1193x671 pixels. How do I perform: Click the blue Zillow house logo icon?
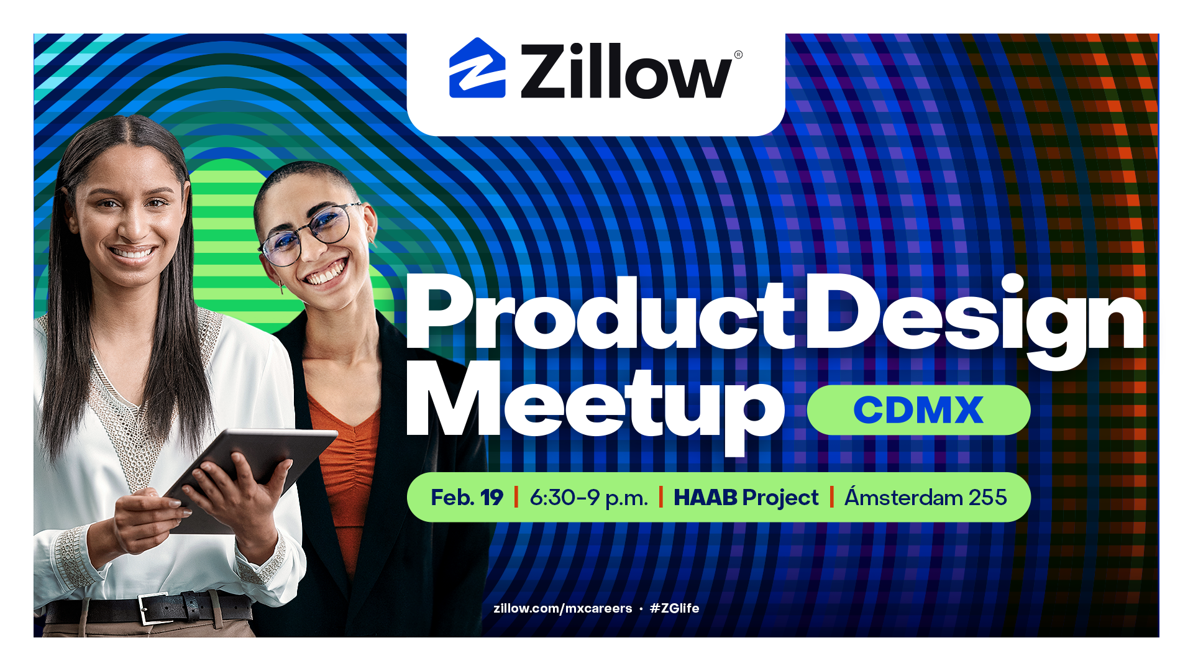click(477, 68)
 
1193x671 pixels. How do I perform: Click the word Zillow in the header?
click(626, 71)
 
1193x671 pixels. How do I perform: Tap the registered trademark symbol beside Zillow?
click(738, 55)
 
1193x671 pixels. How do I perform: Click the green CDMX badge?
click(918, 410)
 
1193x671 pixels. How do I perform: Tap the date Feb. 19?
click(467, 498)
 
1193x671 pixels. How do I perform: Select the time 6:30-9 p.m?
click(588, 498)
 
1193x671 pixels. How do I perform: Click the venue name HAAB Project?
click(746, 498)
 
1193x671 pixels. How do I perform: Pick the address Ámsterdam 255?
click(925, 496)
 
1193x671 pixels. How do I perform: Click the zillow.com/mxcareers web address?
click(562, 608)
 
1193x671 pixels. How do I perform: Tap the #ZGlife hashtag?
click(674, 608)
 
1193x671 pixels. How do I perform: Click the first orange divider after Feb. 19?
click(516, 497)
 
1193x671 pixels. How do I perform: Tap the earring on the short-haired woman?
click(281, 287)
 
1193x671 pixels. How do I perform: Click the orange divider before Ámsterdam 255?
click(831, 497)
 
